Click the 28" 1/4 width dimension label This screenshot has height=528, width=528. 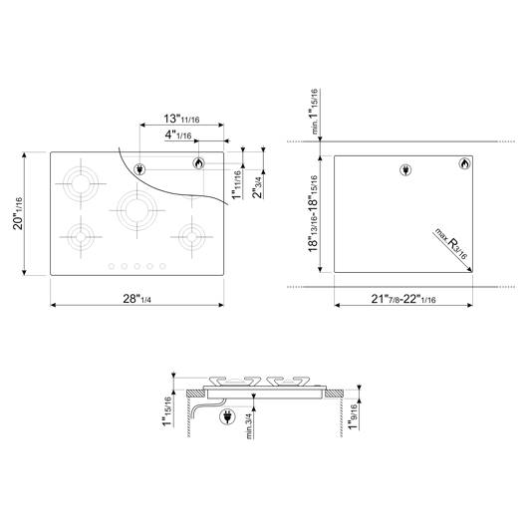pyautogui.click(x=136, y=299)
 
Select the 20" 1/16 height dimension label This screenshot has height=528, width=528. pyautogui.click(x=18, y=213)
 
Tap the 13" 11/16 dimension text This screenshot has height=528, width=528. pyautogui.click(x=181, y=119)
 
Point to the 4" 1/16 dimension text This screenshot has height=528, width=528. pyautogui.click(x=178, y=135)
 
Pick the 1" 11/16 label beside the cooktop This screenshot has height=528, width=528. pyautogui.click(x=237, y=185)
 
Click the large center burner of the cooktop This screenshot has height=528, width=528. pyautogui.click(x=137, y=211)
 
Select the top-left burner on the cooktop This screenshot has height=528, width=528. pyautogui.click(x=81, y=184)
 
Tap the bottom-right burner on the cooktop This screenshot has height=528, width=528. pyautogui.click(x=191, y=237)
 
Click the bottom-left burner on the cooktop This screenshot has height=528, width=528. pyautogui.click(x=81, y=237)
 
